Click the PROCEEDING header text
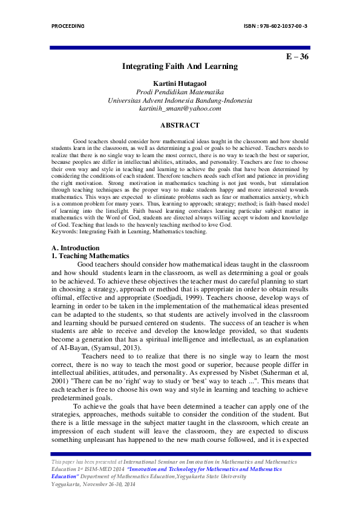[68, 27]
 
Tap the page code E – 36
[297, 57]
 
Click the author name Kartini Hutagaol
[180, 82]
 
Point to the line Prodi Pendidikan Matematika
[180, 91]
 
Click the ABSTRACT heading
[180, 125]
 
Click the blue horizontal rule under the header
[180, 47]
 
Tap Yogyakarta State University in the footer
[211, 476]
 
